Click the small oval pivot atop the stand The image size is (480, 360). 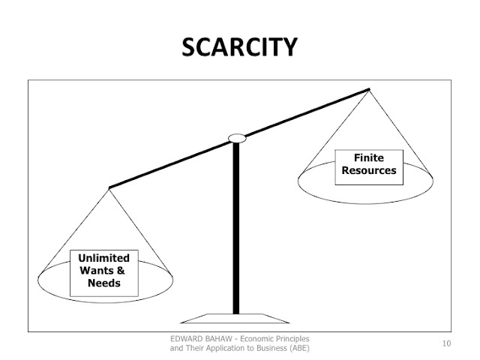pyautogui.click(x=237, y=138)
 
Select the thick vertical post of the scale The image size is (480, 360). pyautogui.click(x=237, y=225)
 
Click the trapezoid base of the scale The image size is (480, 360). pyautogui.click(x=236, y=316)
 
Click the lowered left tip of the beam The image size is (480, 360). pyautogui.click(x=110, y=187)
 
